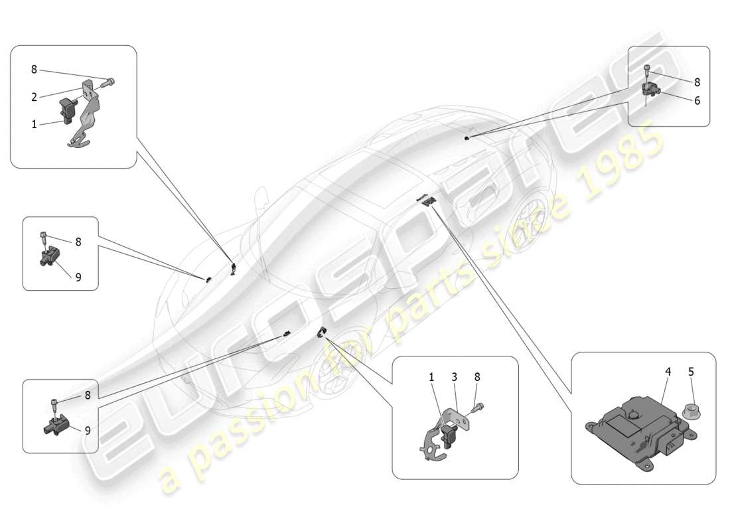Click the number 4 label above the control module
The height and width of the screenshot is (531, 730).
point(668,372)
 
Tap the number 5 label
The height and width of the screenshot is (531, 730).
point(691,372)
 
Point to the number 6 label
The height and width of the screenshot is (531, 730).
point(697,101)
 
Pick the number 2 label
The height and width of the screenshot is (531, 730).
point(34,97)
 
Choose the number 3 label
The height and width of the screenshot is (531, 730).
point(455,377)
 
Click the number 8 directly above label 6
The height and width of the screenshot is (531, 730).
point(697,82)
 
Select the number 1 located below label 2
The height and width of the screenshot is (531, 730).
point(34,124)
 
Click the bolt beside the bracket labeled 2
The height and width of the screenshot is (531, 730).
point(109,82)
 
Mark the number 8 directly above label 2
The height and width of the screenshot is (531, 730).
point(34,69)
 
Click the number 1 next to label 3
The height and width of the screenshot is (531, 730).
point(431,377)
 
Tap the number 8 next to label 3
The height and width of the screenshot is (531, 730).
point(477,377)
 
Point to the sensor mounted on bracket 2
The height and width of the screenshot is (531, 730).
point(69,108)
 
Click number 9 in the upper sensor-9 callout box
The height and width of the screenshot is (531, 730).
point(78,277)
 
